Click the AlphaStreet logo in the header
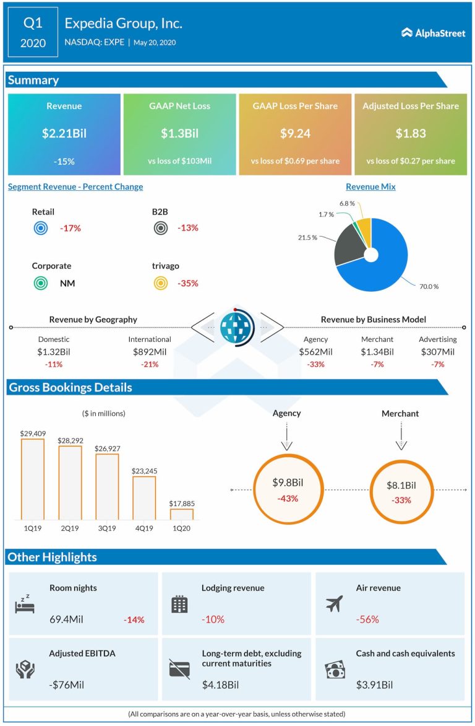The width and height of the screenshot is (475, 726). (x=433, y=33)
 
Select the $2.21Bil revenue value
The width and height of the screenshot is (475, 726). (x=64, y=134)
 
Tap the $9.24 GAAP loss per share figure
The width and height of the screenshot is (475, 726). (x=294, y=134)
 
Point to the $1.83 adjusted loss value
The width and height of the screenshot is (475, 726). (x=410, y=134)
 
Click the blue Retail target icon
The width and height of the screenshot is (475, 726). (x=40, y=228)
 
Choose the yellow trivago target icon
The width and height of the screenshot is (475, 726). (x=160, y=283)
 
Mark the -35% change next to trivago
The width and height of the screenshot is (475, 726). (x=188, y=283)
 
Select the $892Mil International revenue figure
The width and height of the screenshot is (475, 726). (x=149, y=352)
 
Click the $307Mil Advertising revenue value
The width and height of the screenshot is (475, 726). (x=437, y=352)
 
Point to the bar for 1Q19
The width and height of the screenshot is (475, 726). (x=33, y=479)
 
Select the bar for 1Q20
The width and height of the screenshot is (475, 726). (x=181, y=514)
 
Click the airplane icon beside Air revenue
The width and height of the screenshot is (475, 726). (x=335, y=603)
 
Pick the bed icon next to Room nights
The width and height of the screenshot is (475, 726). (x=25, y=604)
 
